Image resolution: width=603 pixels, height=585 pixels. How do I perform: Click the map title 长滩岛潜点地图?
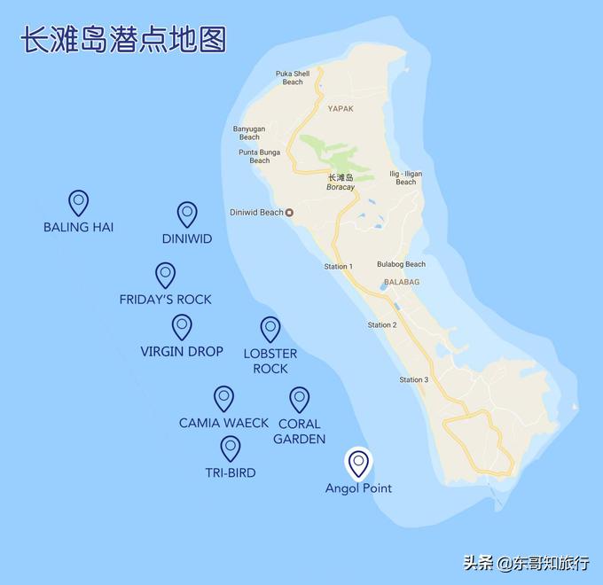(123, 40)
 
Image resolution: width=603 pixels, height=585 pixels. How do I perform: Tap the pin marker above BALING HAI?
(79, 203)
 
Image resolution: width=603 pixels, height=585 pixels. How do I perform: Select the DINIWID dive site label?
(187, 238)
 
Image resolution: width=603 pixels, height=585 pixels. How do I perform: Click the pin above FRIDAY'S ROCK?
(165, 275)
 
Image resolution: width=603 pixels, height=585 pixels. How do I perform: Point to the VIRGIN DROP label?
(182, 351)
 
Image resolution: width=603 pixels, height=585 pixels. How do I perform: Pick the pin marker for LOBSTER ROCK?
(270, 329)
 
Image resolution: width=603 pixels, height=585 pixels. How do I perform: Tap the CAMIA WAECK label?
(223, 423)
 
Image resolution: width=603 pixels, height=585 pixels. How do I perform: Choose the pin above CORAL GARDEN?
(300, 399)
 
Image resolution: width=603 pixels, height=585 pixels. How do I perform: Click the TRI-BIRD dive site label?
(231, 472)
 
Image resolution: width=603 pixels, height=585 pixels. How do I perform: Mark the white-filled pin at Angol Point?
(358, 462)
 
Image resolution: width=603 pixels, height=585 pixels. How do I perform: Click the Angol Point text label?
(358, 488)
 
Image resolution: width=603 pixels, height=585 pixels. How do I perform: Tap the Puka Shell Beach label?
(293, 78)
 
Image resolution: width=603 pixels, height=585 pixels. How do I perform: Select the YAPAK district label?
(341, 108)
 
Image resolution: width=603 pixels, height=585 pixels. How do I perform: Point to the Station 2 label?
(382, 325)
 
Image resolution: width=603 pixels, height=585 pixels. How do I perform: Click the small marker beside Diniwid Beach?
(289, 213)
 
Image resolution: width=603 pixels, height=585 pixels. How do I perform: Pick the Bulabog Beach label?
(401, 264)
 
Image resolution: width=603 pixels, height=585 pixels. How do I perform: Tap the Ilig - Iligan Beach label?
(405, 178)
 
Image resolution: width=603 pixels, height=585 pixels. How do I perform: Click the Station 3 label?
(413, 380)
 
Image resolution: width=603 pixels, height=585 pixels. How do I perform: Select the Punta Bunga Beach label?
(260, 156)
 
